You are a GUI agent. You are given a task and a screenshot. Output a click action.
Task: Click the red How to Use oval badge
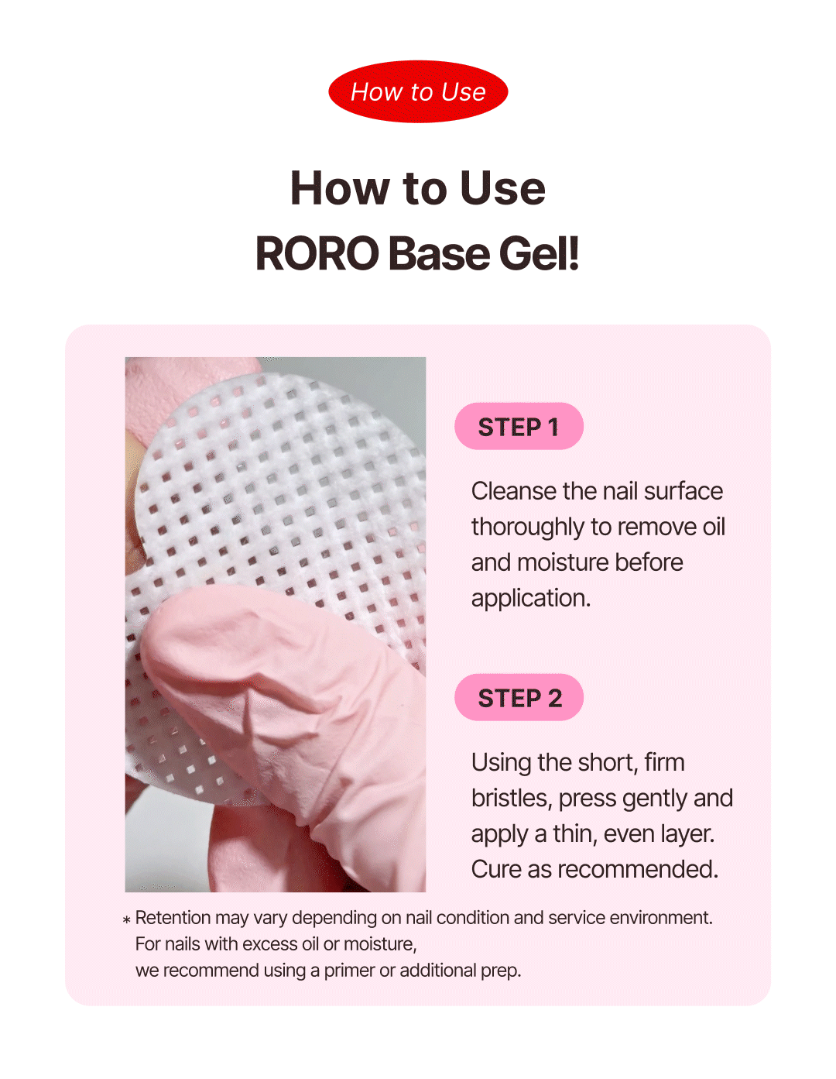click(418, 92)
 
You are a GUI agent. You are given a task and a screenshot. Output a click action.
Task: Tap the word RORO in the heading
click(317, 254)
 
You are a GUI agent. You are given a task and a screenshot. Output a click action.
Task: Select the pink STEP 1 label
click(519, 427)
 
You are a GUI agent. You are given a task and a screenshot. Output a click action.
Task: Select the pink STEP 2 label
click(519, 698)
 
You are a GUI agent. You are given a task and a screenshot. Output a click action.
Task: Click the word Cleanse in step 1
click(513, 491)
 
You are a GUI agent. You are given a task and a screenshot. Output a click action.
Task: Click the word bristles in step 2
click(512, 799)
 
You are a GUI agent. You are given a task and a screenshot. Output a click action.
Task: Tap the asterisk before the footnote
click(126, 920)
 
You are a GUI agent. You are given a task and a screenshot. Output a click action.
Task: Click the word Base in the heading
click(439, 254)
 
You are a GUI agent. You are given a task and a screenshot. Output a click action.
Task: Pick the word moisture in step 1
click(563, 563)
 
